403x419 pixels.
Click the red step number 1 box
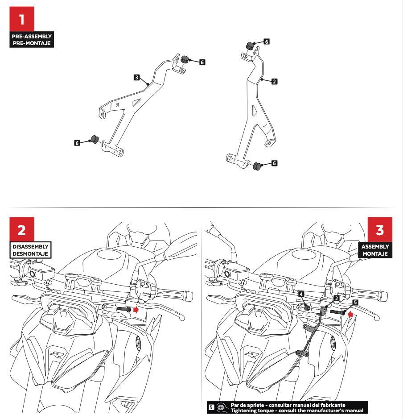pyautogui.click(x=22, y=19)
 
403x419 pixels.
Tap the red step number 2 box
pyautogui.click(x=22, y=229)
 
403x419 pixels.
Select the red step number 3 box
pyautogui.click(x=380, y=229)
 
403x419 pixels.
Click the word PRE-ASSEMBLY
pyautogui.click(x=32, y=36)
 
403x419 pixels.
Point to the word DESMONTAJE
pyautogui.click(x=30, y=253)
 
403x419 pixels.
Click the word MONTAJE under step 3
pyautogui.click(x=375, y=253)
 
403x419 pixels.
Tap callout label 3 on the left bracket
pyautogui.click(x=137, y=78)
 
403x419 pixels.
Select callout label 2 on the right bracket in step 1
pyautogui.click(x=274, y=82)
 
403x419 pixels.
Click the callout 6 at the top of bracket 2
pyautogui.click(x=266, y=41)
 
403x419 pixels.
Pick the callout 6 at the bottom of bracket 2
pyautogui.click(x=274, y=163)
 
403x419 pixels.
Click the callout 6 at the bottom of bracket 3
pyautogui.click(x=77, y=143)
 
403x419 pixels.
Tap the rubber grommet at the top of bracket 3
pyautogui.click(x=185, y=59)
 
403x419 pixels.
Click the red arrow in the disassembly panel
pyautogui.click(x=136, y=309)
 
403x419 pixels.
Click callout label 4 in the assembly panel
pyautogui.click(x=301, y=294)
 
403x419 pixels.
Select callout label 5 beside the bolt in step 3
pyautogui.click(x=355, y=303)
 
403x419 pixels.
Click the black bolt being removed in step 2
pyautogui.click(x=124, y=309)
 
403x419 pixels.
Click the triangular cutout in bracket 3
pyautogui.click(x=137, y=102)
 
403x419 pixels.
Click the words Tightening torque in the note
pyautogui.click(x=248, y=411)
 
